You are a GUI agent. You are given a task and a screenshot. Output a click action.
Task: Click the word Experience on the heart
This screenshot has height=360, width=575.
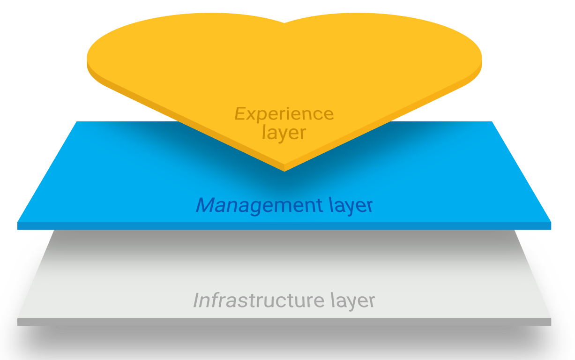284,114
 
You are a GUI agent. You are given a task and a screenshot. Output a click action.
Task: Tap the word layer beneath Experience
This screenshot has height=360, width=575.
284,132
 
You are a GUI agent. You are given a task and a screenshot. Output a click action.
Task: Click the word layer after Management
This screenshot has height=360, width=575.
348,206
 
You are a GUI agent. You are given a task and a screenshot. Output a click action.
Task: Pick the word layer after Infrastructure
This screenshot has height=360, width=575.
352,300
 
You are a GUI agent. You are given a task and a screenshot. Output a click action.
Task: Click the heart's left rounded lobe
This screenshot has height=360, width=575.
155,52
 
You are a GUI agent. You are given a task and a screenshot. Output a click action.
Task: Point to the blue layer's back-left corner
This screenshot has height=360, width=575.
76,122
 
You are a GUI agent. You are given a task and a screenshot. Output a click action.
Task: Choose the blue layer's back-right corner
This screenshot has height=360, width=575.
492,122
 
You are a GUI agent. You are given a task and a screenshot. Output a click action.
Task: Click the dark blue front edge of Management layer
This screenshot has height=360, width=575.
284,226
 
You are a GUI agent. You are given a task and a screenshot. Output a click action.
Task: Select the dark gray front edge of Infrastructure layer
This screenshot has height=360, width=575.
284,322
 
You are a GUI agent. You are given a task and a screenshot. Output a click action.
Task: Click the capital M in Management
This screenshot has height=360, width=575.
206,205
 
